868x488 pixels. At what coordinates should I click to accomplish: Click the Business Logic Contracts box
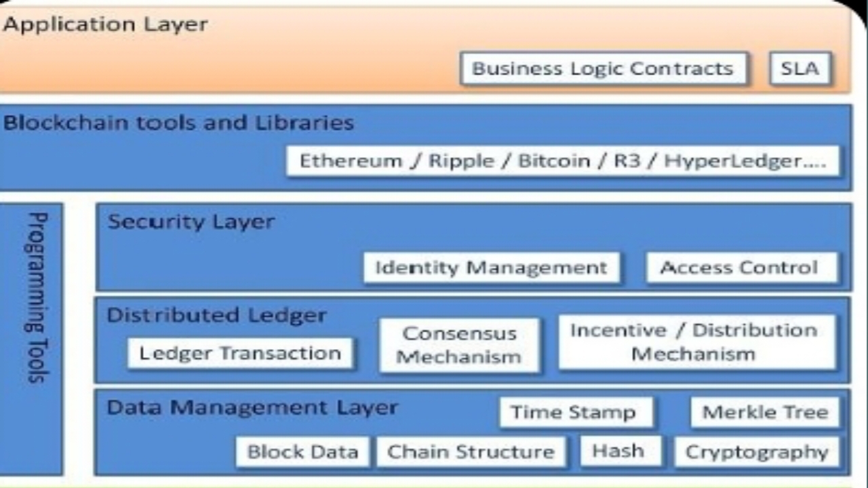[603, 68]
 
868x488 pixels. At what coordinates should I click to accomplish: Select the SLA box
[800, 68]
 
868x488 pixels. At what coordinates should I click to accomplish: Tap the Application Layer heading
[105, 25]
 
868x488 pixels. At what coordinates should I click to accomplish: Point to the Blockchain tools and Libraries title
[179, 123]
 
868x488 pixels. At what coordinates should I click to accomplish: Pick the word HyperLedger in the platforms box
[745, 161]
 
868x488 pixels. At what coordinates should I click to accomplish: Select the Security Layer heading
[191, 222]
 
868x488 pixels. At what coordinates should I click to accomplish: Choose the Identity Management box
[492, 267]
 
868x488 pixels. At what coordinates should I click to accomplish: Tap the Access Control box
[739, 267]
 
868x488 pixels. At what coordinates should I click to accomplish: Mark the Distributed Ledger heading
[217, 315]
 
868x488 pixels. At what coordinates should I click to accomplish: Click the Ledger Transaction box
[240, 353]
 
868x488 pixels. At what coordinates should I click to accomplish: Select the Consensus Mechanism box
[459, 345]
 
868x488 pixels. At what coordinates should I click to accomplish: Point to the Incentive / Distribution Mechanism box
[694, 342]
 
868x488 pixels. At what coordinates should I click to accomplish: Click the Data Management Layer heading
[252, 407]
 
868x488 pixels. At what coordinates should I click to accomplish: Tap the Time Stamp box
[574, 412]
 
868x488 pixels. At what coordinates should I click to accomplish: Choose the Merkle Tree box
[765, 412]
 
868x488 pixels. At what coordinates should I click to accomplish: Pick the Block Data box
[302, 452]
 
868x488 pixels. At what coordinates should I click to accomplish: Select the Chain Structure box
[471, 452]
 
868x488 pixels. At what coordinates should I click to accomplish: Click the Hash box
[618, 451]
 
